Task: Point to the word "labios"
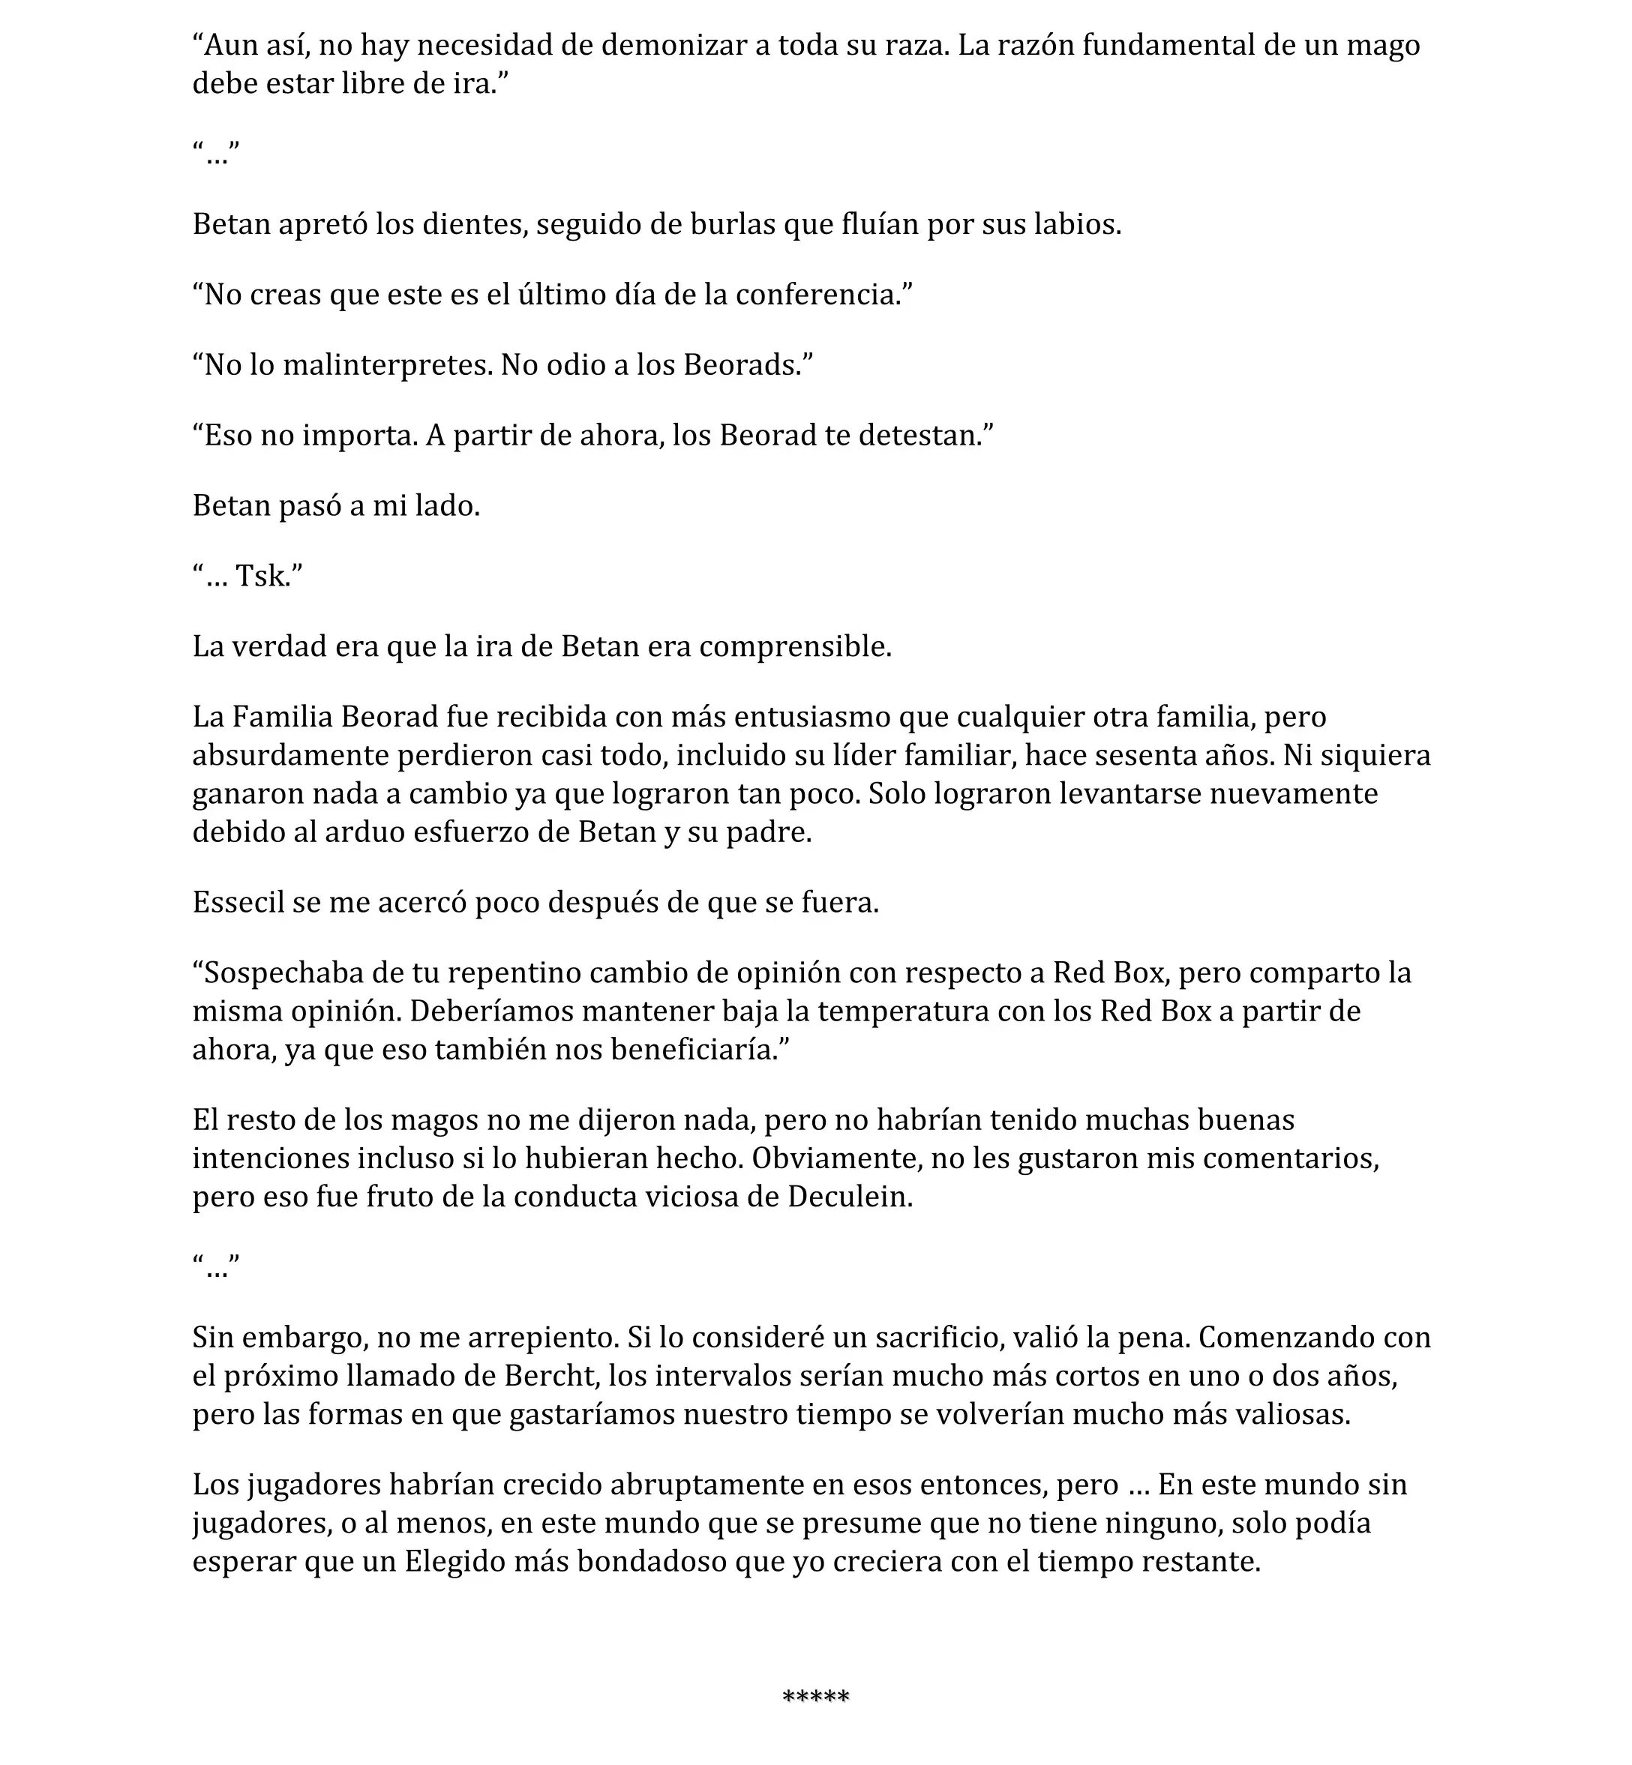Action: click(1081, 224)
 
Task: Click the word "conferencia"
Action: click(819, 294)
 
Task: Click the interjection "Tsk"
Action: click(262, 577)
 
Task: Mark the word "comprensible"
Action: click(794, 646)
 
